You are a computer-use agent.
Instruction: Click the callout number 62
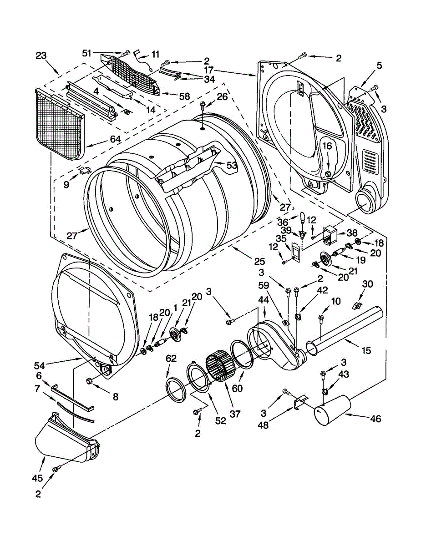coord(171,359)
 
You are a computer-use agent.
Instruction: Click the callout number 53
coord(232,166)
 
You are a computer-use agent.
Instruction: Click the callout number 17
coord(209,71)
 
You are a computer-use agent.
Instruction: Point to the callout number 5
coord(379,65)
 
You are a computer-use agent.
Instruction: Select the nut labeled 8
coord(90,380)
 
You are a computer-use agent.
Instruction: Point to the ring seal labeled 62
coord(175,389)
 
